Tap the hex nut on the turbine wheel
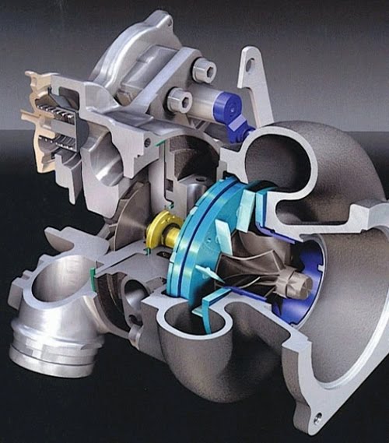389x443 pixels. tap(295, 283)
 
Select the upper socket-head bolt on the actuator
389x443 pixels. tap(203, 71)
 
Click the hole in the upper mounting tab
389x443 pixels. tap(248, 65)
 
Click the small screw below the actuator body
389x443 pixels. tap(148, 142)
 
